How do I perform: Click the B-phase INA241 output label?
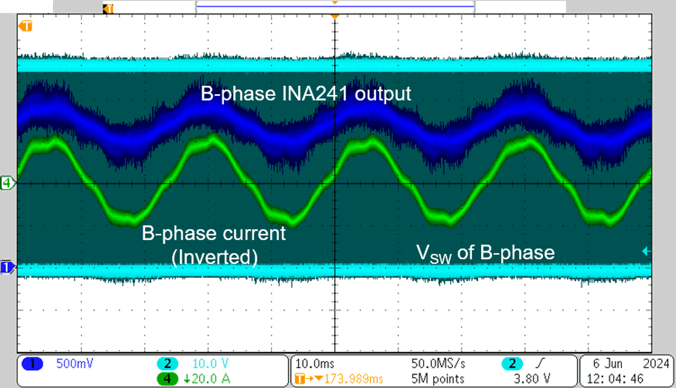coord(306,94)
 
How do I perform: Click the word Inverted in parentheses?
coord(214,257)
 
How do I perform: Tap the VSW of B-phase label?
coord(486,252)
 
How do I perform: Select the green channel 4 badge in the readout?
coord(168,379)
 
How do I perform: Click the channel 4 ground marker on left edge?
coord(7,183)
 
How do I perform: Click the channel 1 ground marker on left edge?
coord(7,267)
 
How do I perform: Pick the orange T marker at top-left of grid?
coord(25,26)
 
